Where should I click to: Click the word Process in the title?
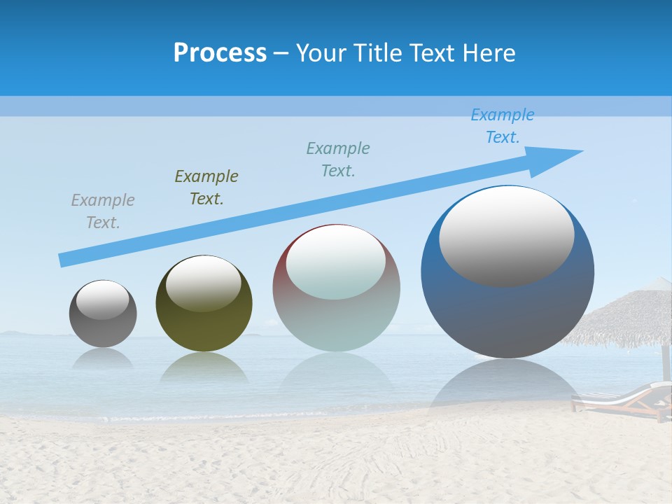220,53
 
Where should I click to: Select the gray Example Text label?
103,211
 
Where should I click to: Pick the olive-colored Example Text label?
206,188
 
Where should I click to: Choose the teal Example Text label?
338,160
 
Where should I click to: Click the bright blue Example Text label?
503,126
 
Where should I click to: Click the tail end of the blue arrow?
64,260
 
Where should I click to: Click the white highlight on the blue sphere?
507,236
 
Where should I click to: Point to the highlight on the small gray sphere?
103,300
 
